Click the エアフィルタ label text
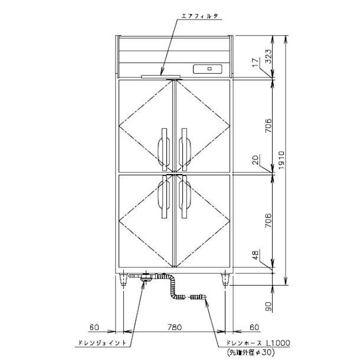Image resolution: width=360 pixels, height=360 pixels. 199,16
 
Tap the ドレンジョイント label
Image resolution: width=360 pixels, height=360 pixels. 102,343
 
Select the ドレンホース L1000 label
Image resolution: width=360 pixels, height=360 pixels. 258,343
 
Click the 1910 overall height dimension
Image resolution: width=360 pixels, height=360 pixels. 282,160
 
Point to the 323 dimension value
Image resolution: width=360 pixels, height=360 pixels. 269,56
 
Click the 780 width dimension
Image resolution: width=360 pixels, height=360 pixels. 174,327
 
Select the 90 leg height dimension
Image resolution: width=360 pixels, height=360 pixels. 269,306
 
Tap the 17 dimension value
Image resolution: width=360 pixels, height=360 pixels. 255,62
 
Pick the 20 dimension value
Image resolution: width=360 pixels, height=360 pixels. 256,159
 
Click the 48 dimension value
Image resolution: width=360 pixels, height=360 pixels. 256,255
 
